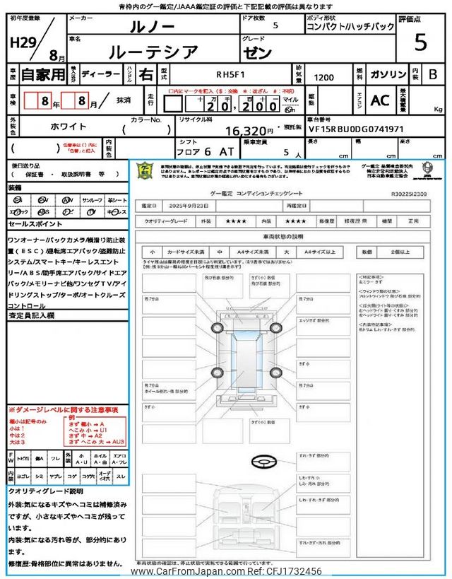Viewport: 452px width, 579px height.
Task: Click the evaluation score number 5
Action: click(x=420, y=43)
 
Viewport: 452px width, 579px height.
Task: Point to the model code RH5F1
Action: click(x=230, y=74)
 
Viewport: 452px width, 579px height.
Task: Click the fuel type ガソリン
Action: click(x=388, y=74)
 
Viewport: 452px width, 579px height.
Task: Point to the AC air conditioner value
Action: click(x=379, y=100)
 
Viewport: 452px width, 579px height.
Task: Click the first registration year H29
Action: click(x=23, y=42)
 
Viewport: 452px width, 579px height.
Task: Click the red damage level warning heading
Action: click(x=64, y=410)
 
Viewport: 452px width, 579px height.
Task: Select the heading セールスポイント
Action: click(x=35, y=223)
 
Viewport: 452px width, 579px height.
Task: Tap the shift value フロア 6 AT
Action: click(x=194, y=152)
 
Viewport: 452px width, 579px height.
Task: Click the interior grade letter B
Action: click(x=433, y=74)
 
